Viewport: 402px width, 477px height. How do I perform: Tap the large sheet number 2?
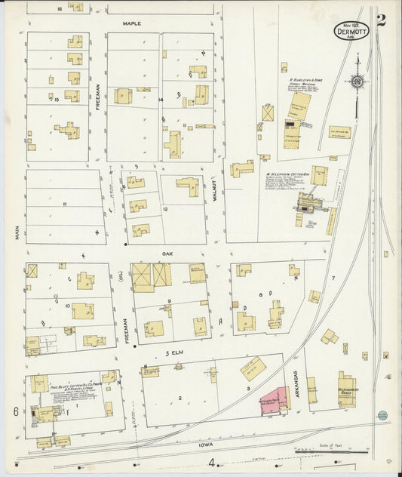point(381,20)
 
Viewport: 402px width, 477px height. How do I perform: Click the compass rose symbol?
point(358,81)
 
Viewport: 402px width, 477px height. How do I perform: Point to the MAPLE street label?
point(132,23)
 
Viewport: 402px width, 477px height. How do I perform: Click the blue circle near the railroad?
point(382,415)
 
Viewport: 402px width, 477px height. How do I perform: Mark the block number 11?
point(65,205)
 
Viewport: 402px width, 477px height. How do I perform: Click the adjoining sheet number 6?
point(14,411)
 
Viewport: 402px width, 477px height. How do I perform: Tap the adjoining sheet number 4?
point(212,463)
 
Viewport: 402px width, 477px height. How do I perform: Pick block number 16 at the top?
point(59,8)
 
